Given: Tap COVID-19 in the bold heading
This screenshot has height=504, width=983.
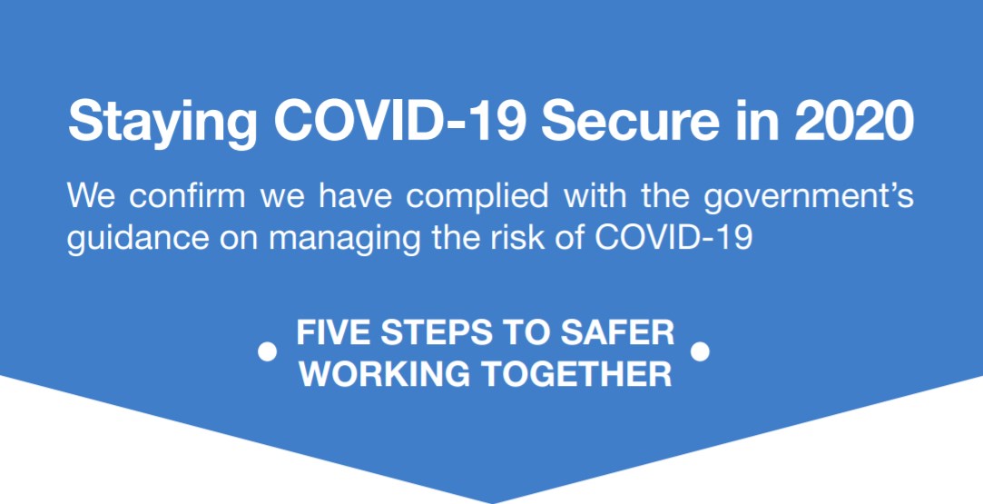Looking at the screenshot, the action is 399,120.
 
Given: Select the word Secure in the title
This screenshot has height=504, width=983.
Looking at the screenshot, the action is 630,120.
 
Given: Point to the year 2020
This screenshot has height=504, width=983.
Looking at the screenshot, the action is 853,120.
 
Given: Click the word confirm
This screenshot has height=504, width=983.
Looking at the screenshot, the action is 187,195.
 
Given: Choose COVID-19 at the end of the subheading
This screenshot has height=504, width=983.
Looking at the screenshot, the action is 673,237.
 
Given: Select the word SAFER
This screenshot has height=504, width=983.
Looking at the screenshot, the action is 617,332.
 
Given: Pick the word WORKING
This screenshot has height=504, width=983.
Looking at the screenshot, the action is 385,374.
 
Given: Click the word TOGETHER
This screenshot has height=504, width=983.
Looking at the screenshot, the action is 577,374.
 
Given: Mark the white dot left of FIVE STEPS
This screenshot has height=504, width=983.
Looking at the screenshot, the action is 267,351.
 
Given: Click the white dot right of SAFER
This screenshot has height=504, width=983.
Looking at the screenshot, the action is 700,351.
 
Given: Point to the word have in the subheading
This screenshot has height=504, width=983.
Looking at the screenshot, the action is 355,195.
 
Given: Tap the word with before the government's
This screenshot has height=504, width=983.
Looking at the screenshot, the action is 595,195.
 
